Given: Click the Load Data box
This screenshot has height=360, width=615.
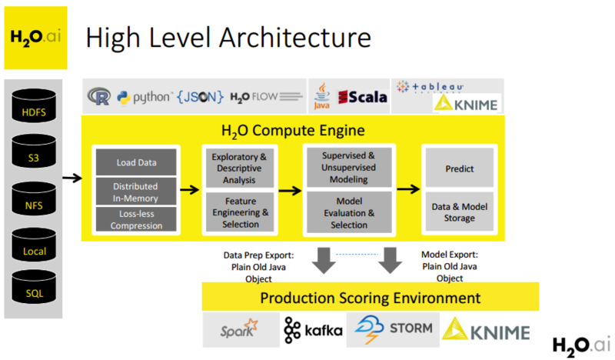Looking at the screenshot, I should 136,162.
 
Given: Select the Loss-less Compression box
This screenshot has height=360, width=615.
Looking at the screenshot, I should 136,220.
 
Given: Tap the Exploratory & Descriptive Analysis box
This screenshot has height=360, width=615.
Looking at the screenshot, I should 239,168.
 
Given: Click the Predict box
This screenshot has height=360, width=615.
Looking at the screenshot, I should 459,168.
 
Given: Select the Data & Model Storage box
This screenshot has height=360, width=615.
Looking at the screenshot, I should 459,212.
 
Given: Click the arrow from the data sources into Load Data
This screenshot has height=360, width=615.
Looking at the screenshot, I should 71,178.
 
